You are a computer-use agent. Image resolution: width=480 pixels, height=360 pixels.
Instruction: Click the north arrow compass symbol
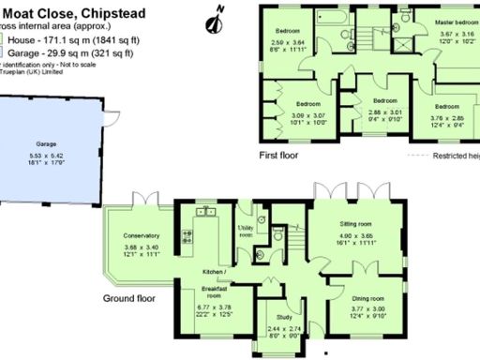(219, 13)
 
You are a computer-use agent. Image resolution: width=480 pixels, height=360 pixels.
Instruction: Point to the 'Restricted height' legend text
(455, 157)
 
